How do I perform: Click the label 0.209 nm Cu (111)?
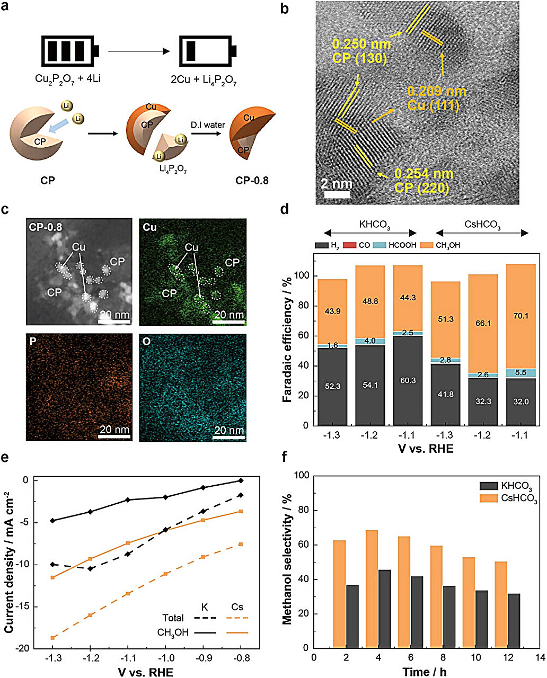(x=437, y=98)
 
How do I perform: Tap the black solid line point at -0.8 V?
(x=241, y=480)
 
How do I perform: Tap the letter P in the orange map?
(x=33, y=342)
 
